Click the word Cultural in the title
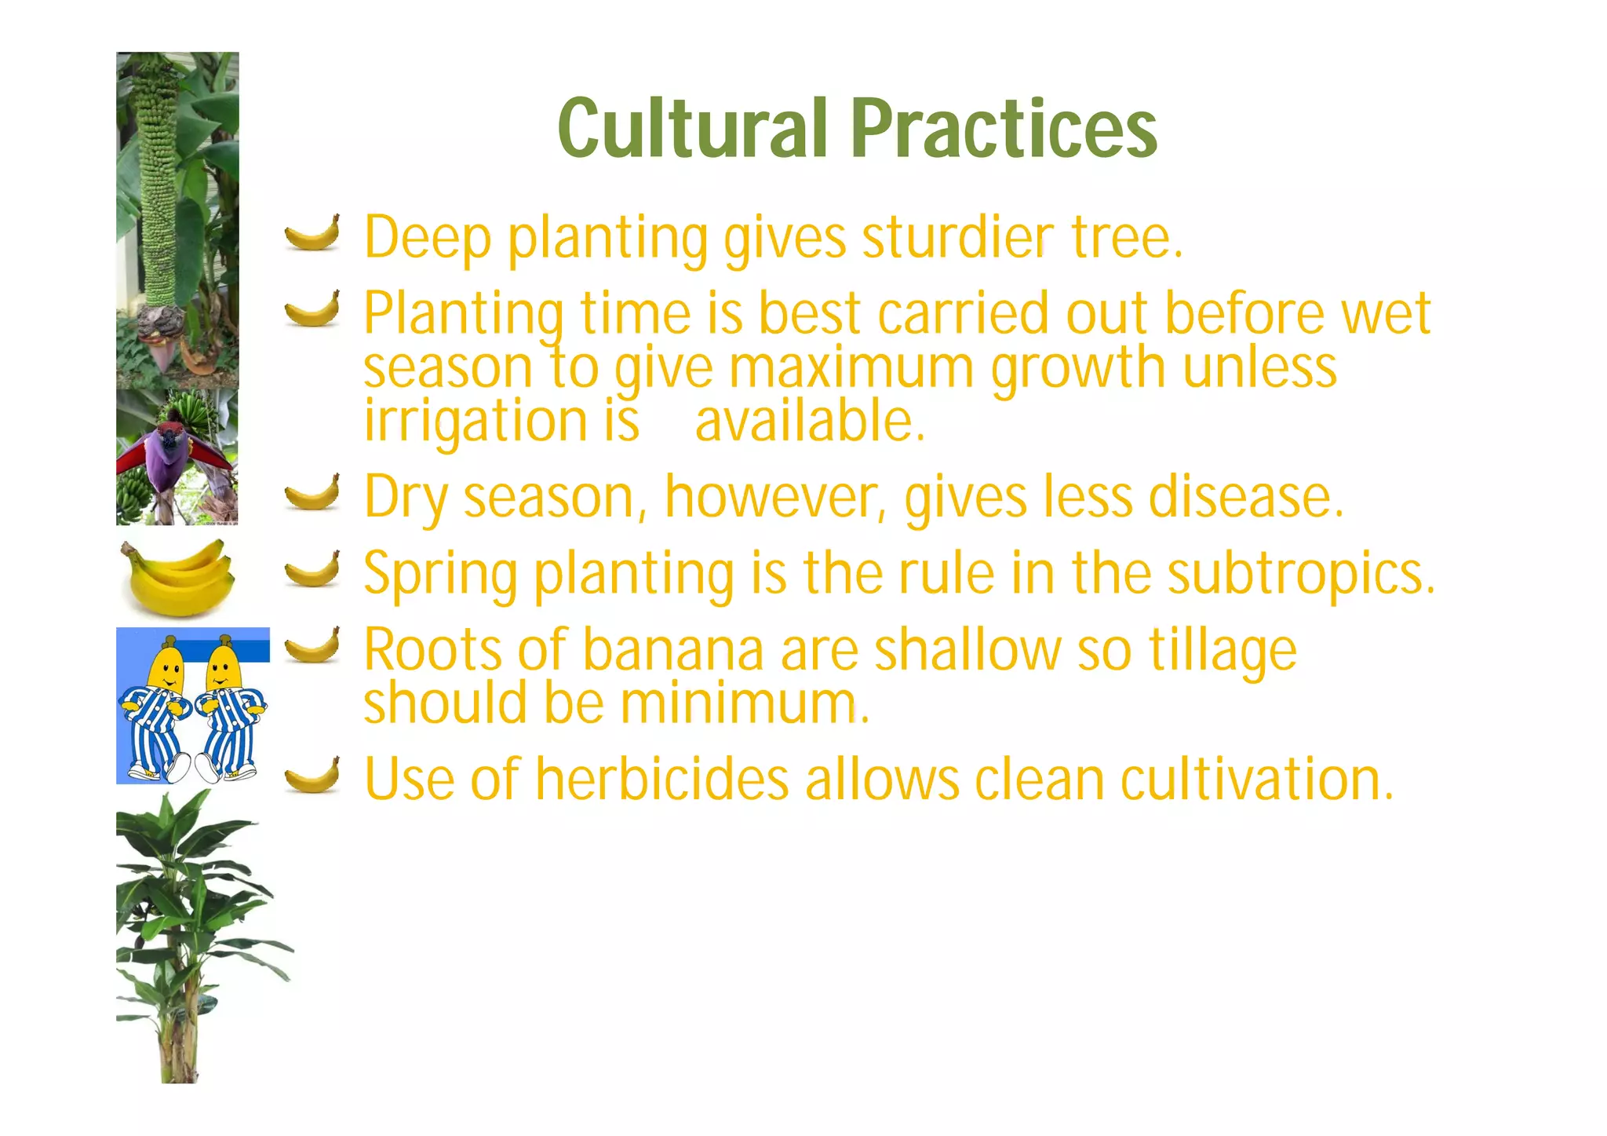point(693,127)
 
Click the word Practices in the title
point(1004,127)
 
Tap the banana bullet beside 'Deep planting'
point(312,232)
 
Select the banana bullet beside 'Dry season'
point(312,492)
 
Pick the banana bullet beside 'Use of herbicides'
point(312,776)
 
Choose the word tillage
point(1223,652)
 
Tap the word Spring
point(440,575)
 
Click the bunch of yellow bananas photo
point(178,577)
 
